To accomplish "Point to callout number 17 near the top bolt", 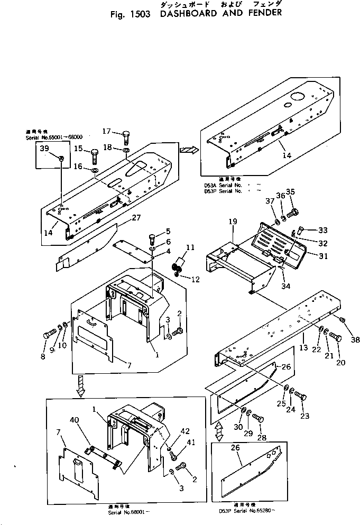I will pos(106,131).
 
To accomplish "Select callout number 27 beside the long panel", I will pos(136,217).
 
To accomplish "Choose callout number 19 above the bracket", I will pos(233,223).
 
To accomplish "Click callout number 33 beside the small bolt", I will pos(322,230).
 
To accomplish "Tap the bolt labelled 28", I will pos(259,419).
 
